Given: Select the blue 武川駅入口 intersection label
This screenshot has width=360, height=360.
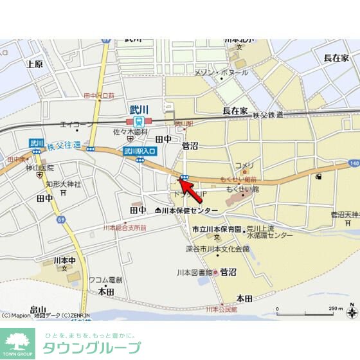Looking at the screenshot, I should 140,151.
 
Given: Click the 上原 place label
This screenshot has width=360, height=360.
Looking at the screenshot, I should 35,64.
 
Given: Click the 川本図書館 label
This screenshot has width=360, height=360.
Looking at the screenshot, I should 195,273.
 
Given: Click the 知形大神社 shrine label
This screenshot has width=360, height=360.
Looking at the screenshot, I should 63,184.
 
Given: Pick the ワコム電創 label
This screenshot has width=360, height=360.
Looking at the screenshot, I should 105,280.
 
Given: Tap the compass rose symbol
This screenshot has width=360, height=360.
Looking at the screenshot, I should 352,312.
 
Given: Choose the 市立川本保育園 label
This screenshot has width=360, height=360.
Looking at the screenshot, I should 216,229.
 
